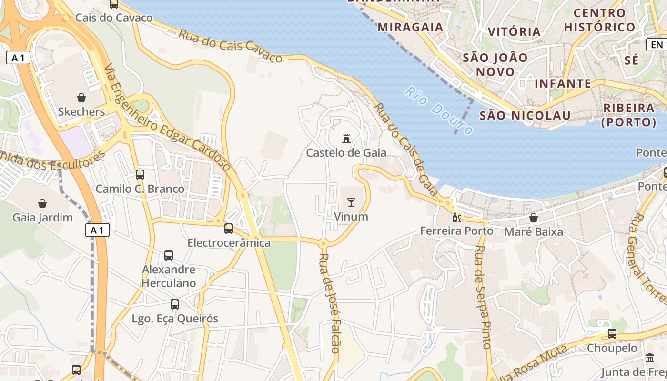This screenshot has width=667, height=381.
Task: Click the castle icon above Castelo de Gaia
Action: (346, 139)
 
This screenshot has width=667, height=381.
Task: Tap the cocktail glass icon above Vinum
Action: (351, 202)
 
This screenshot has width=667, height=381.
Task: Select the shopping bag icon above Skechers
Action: (81, 98)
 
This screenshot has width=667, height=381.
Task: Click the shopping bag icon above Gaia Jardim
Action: (42, 203)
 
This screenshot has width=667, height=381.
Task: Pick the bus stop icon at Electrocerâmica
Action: (229, 229)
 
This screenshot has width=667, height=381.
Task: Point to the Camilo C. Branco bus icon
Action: (140, 175)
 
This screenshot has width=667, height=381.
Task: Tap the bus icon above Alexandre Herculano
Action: (169, 255)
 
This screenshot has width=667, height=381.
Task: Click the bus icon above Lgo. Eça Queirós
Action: (175, 304)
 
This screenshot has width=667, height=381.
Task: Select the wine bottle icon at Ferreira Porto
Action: (456, 218)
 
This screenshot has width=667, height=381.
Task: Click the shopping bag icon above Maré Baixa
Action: (534, 218)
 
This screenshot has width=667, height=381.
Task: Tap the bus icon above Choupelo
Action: (612, 334)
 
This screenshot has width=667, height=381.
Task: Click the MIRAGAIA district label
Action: (410, 27)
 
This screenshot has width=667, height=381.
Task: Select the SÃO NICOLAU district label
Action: (525, 115)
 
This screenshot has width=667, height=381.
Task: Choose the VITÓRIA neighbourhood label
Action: (514, 32)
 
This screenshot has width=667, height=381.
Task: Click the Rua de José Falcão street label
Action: (329, 303)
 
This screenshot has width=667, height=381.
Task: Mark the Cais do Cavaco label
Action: (114, 18)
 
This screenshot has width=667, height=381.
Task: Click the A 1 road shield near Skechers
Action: (19, 58)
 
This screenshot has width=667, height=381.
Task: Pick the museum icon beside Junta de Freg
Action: (650, 358)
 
